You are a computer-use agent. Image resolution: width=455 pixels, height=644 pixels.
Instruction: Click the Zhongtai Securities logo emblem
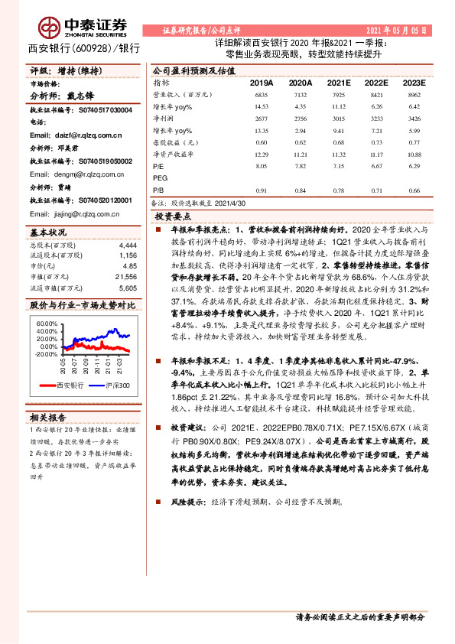point(50,28)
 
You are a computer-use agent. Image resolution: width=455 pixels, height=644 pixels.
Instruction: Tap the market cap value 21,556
point(125,275)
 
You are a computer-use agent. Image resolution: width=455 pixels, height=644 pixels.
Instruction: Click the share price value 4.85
point(130,265)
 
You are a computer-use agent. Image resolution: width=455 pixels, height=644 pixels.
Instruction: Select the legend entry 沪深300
point(115,385)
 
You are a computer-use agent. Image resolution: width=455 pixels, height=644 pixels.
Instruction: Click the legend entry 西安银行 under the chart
point(65,385)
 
